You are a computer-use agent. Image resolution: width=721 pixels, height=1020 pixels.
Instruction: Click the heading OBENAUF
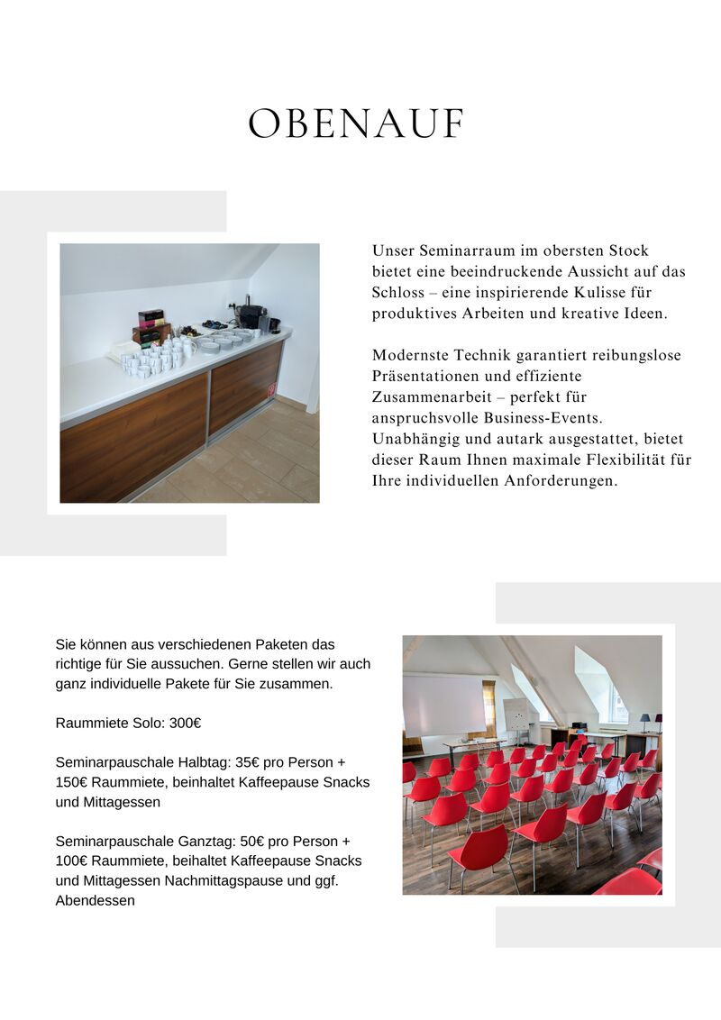356,124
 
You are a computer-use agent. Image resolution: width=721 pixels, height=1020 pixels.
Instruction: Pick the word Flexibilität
625,460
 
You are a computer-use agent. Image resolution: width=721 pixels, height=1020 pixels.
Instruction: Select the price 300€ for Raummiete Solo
185,723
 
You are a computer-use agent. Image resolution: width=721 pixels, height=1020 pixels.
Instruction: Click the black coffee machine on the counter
250,315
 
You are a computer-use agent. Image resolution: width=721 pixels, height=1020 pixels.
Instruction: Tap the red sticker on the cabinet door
271,389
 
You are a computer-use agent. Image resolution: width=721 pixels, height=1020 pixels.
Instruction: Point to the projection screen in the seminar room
444,705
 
